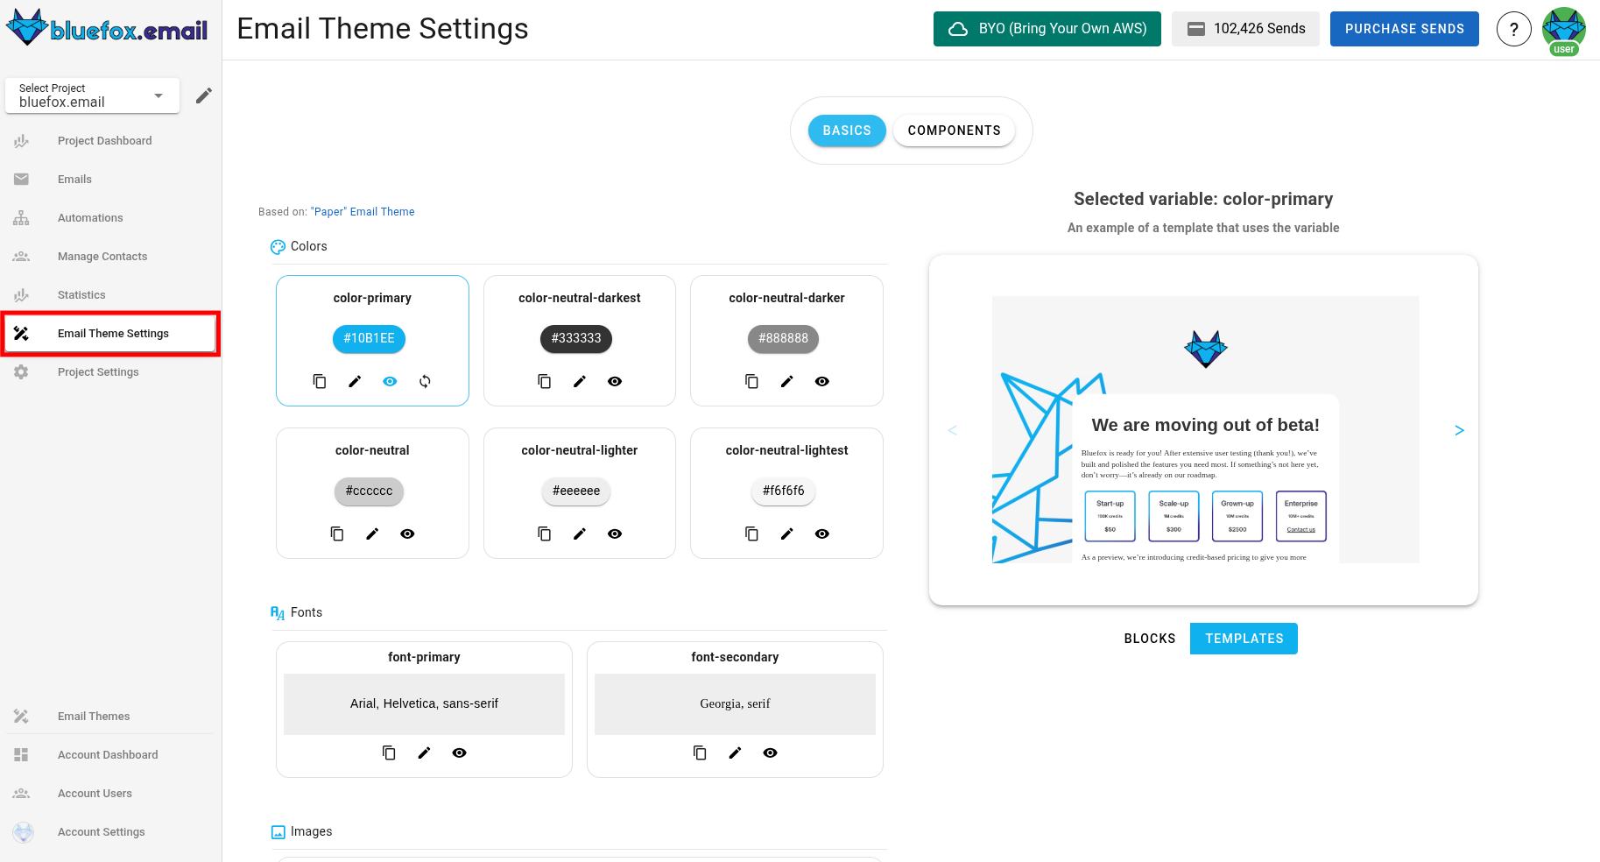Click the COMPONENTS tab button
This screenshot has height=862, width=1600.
954,131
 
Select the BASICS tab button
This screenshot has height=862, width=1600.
846,131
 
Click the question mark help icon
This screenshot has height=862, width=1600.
1513,29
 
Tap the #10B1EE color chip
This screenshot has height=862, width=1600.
369,338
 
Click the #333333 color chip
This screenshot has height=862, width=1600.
576,338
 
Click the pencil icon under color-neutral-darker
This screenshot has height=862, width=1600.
786,381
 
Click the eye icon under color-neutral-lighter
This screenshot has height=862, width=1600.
615,533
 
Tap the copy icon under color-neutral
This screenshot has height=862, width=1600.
337,533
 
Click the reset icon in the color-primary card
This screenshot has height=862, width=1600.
425,381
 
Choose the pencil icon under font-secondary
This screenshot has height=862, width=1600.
735,752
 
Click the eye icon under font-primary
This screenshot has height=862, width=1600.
459,752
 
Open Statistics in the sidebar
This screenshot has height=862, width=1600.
81,295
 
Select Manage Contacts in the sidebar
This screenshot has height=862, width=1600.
102,257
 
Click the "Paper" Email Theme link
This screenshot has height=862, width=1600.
363,212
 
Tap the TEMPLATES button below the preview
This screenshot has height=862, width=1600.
1244,639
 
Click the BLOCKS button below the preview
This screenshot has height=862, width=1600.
1149,639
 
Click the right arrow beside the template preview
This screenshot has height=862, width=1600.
1459,430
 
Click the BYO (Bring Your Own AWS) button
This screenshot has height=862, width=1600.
1047,29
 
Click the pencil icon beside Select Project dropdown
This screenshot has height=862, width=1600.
204,95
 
